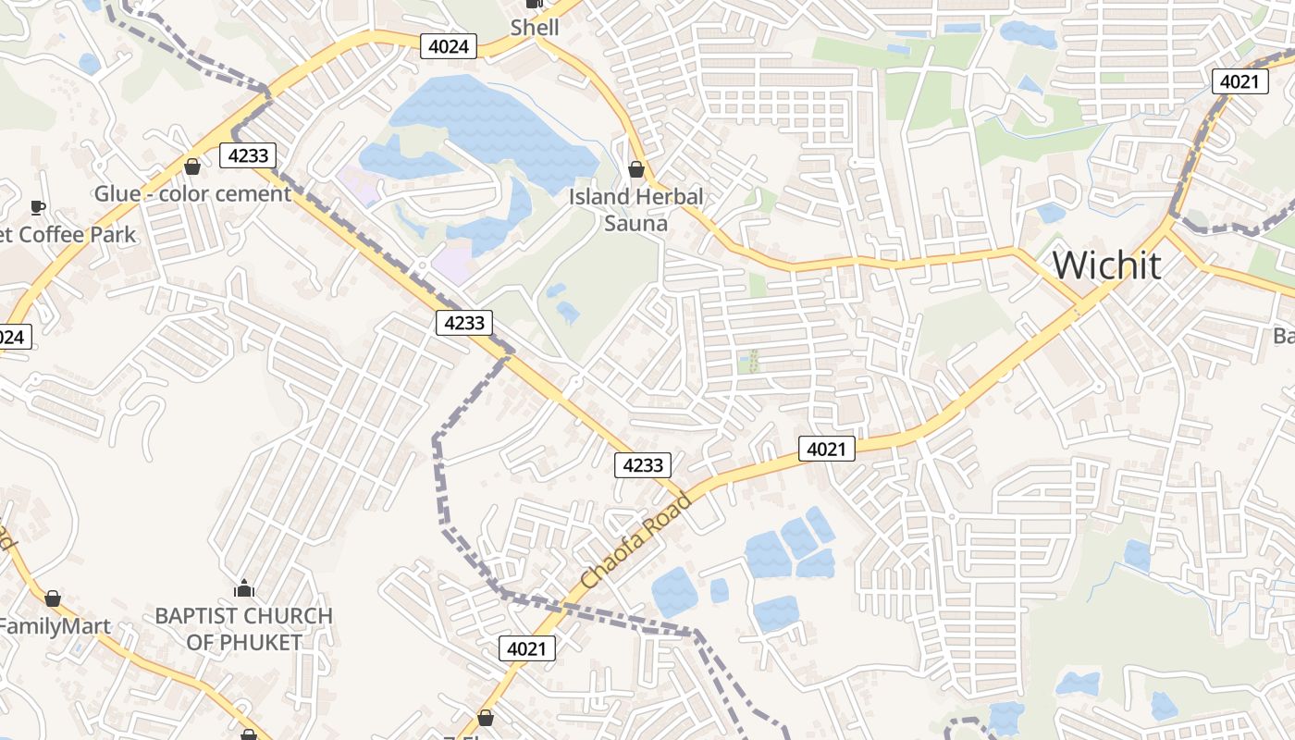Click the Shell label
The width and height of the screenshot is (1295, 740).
535,27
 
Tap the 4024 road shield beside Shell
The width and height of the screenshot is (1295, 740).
449,46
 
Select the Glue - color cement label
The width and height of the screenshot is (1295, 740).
192,194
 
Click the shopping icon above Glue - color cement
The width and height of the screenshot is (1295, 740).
192,166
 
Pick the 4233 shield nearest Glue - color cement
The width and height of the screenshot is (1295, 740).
248,155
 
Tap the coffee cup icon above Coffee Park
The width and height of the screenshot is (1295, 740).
38,207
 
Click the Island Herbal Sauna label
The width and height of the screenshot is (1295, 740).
635,209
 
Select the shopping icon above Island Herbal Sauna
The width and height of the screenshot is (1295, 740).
636,169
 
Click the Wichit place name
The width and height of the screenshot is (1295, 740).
1106,265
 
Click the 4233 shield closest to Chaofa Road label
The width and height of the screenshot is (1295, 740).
643,464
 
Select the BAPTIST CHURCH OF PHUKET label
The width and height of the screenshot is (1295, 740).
244,628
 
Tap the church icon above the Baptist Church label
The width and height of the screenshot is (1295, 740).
244,588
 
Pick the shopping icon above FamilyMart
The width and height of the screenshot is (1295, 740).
53,598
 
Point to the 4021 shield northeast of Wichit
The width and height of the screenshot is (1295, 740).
1239,81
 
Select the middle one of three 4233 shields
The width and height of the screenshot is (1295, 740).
464,322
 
